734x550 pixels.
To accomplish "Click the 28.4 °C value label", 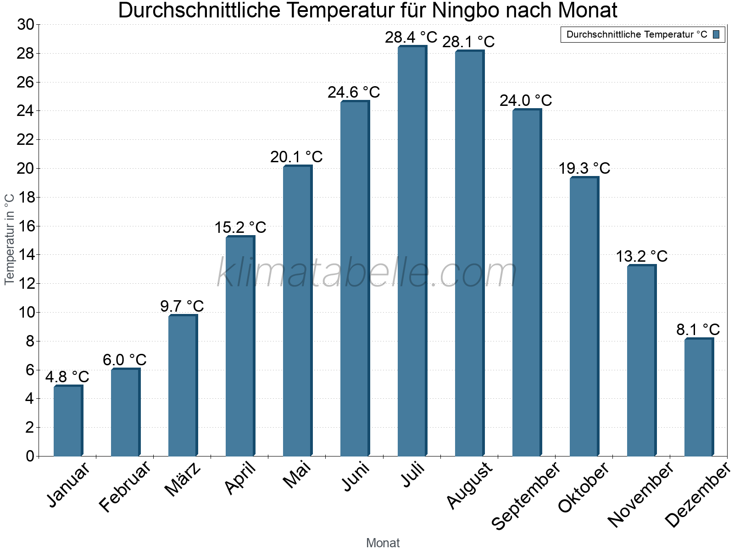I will [411, 37].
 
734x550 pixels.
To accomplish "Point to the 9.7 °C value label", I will [182, 306].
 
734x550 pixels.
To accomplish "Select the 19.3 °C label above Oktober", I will [584, 168].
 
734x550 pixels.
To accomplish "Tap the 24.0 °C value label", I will [526, 100].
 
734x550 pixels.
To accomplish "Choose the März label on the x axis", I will [183, 479].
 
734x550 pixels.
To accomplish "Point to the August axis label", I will [469, 486].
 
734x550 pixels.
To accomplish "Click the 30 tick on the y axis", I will [26, 25].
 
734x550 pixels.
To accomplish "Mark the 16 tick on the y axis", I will [26, 226].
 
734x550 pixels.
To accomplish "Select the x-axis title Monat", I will [383, 543].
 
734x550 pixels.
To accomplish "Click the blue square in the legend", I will [717, 34].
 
